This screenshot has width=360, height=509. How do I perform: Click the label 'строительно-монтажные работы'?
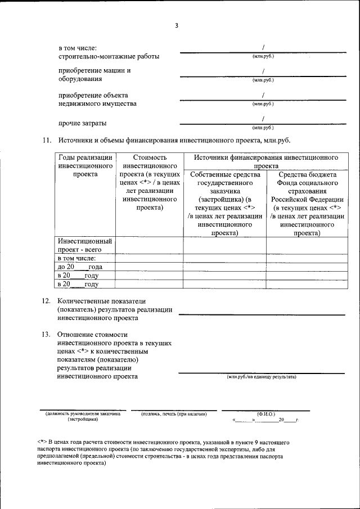point(109,57)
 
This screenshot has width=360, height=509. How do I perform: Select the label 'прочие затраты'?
point(83,123)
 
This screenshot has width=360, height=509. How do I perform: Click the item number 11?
point(47,140)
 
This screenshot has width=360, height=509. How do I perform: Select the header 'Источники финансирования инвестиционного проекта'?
point(266,162)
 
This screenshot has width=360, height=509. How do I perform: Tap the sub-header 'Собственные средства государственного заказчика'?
point(224,203)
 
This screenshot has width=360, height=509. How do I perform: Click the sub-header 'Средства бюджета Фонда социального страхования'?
point(307,203)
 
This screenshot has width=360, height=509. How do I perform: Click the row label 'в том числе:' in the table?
point(77,258)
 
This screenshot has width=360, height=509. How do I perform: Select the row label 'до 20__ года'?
point(79,267)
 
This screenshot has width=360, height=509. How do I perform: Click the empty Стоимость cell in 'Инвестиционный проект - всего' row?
point(150,245)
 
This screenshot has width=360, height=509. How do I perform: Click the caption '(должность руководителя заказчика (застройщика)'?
point(83,417)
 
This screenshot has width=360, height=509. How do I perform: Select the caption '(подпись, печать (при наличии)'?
point(174,415)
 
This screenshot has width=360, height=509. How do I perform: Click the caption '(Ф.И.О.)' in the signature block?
point(265,414)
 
